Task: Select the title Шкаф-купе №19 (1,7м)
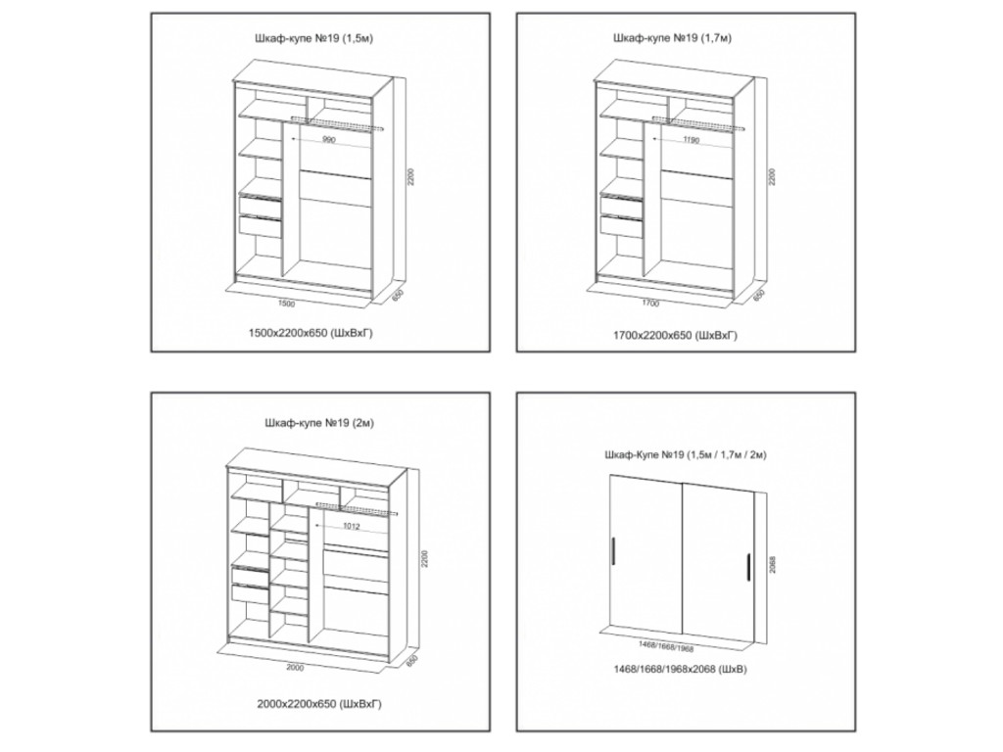click(x=672, y=38)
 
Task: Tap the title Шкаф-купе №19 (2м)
click(x=319, y=423)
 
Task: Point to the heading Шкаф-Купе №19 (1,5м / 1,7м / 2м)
click(x=685, y=455)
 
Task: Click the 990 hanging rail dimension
click(x=329, y=140)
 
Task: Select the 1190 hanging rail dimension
click(x=692, y=139)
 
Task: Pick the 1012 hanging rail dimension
click(x=352, y=526)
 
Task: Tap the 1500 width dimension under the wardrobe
click(x=287, y=304)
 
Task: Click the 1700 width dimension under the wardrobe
click(x=650, y=304)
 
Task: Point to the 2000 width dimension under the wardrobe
click(x=295, y=668)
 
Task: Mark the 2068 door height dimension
click(x=773, y=564)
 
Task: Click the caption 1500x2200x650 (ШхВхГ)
click(x=310, y=333)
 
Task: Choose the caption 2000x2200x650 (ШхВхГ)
click(x=319, y=704)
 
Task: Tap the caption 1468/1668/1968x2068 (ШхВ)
click(x=680, y=670)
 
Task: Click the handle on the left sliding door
click(x=614, y=552)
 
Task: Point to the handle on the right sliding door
click(x=746, y=566)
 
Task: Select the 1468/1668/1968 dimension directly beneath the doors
click(x=665, y=647)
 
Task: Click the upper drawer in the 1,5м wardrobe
click(x=260, y=206)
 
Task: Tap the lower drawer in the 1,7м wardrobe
click(x=621, y=226)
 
